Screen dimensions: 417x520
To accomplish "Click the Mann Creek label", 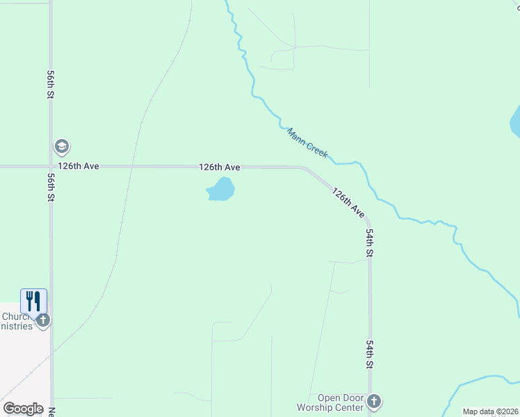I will click(307, 142).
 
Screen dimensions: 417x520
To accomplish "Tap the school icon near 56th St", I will click(62, 147).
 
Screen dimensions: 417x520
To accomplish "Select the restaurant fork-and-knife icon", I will click(33, 301).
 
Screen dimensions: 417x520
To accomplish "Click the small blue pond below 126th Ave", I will click(221, 189).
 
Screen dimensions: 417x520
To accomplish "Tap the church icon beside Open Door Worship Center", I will click(374, 401).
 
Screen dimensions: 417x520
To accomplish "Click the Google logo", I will click(23, 409).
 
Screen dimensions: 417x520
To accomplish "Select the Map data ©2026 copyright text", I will click(491, 411).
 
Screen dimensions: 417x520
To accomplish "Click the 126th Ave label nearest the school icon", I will click(79, 167).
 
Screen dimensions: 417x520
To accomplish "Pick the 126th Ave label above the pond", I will click(220, 167).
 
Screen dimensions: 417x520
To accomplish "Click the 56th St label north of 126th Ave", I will click(51, 84).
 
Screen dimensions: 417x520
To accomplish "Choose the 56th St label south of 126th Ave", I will click(51, 188).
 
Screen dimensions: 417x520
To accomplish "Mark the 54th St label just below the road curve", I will click(371, 243).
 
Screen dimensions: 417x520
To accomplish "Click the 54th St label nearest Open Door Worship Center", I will click(371, 354).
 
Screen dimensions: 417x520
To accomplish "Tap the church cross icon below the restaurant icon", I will click(43, 320).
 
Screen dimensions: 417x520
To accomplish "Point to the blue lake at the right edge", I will click(515, 122).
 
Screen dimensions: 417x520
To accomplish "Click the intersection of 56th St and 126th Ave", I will click(51, 167).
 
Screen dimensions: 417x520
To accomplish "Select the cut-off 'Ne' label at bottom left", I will click(51, 410).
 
